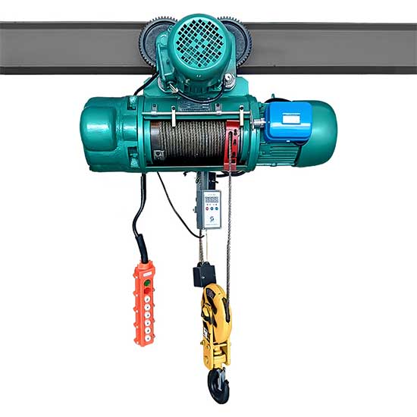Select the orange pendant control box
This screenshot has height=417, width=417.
click(x=144, y=303)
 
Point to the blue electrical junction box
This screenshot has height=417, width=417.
click(x=287, y=121)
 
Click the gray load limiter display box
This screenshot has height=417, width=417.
click(x=209, y=208)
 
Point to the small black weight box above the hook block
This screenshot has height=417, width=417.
click(x=204, y=274)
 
